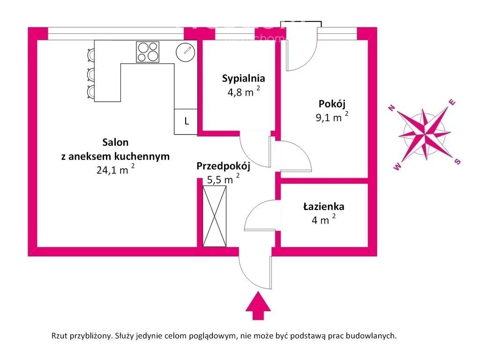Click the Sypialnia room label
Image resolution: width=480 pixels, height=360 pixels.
click(244, 78)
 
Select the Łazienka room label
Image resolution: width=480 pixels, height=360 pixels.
click(323, 206)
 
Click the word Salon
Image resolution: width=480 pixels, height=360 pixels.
click(115, 142)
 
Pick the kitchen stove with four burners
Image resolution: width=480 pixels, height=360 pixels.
click(147, 52)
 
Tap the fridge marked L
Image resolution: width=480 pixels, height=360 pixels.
click(186, 121)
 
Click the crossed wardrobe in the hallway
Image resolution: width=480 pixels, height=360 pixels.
click(214, 216)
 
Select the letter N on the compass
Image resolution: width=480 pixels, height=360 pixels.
click(392, 109)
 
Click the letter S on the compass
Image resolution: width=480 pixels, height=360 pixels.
click(457, 161)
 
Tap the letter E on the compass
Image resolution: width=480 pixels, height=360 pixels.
click(452, 102)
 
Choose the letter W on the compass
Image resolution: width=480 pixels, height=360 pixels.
click(398, 167)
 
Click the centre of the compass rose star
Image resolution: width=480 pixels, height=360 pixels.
click(425, 135)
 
